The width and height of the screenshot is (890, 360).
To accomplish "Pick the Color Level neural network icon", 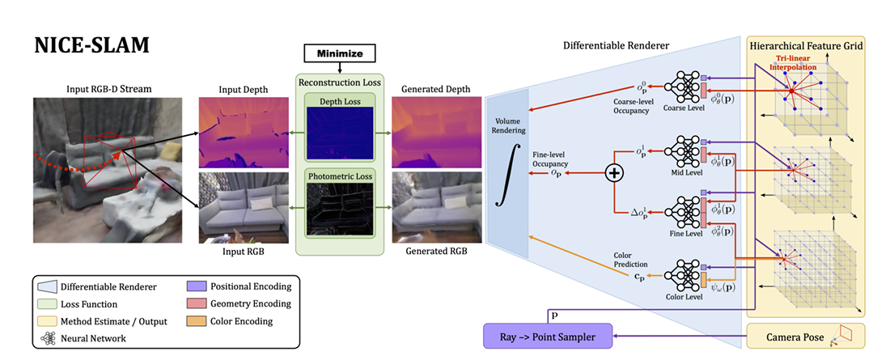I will click(x=681, y=276).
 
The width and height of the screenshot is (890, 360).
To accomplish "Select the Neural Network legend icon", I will click(x=45, y=338).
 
